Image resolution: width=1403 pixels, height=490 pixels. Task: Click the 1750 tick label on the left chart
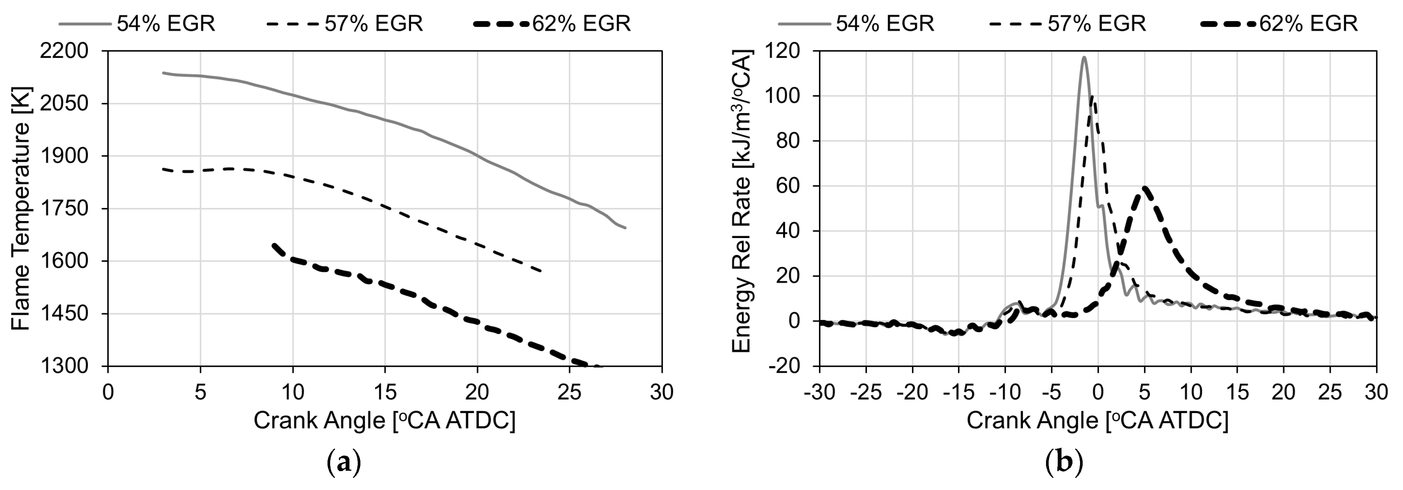click(64, 209)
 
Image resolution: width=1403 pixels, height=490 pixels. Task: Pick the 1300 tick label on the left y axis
click(64, 366)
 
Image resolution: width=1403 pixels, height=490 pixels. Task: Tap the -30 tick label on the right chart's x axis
click(820, 392)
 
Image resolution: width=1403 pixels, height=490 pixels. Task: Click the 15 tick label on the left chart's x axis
click(385, 392)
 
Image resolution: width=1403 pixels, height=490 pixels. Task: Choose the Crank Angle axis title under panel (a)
click(385, 421)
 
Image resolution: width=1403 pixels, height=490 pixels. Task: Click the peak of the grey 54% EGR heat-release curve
click(1085, 57)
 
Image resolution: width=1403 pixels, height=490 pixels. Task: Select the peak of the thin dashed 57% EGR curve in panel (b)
click(1092, 97)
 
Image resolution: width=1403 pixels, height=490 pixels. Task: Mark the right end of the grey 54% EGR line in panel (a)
click(625, 227)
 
